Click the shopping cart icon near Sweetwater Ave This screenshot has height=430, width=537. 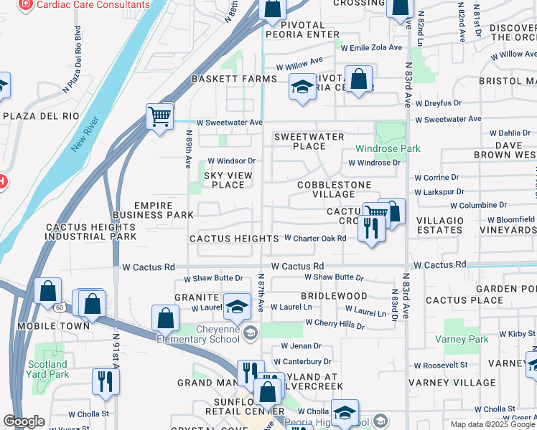(159, 115)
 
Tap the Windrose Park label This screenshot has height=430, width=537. (388, 149)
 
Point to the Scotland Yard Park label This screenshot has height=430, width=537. (48, 368)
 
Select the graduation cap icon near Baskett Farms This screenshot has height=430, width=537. (302, 88)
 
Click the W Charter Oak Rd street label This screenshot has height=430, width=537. (315, 238)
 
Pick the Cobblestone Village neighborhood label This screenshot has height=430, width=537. (327, 189)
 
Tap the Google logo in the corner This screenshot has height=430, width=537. (24, 422)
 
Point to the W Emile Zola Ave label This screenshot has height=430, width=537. (373, 48)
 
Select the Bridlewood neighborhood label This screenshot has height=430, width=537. (334, 295)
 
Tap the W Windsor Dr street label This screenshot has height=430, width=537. (231, 161)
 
